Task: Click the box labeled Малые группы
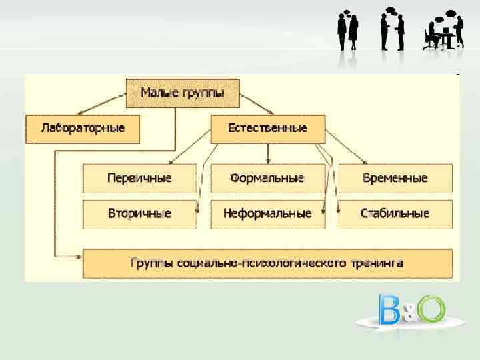point(183,93)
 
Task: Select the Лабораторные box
point(83,129)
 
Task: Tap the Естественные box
point(267,129)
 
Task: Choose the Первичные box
point(139,178)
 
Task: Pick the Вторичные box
point(139,214)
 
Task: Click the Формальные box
point(267,178)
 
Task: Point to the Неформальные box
point(267,214)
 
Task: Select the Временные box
point(395,178)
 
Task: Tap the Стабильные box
point(395,214)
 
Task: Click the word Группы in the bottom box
point(153,263)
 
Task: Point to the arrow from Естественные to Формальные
point(267,153)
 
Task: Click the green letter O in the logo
point(431,309)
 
